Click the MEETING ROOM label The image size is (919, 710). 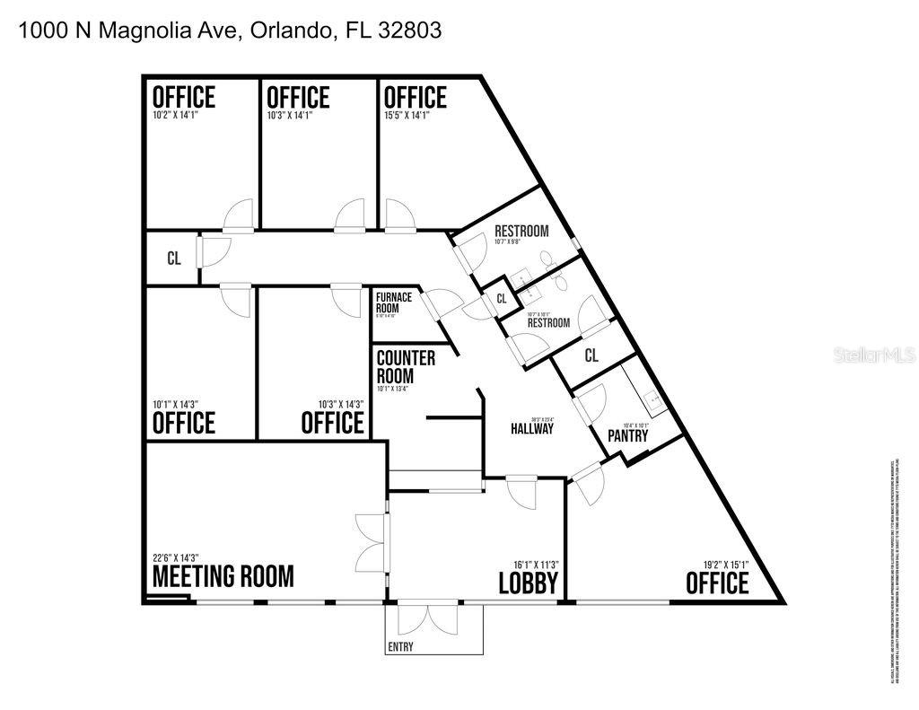tap(223, 576)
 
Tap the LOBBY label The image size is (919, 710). tap(530, 583)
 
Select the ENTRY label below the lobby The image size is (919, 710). tap(401, 647)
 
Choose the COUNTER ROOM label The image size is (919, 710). tap(406, 366)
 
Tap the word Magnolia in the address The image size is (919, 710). tap(140, 30)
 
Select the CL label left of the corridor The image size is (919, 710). tap(174, 259)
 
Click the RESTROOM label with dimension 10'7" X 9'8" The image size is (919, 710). tap(521, 232)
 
